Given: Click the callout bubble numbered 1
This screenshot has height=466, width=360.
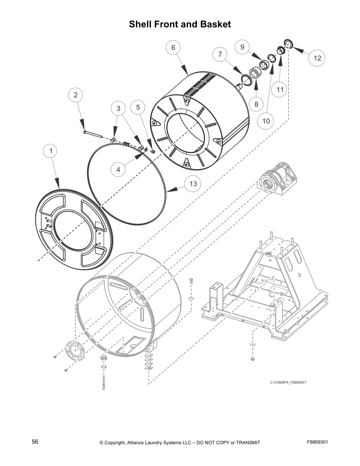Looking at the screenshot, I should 51,151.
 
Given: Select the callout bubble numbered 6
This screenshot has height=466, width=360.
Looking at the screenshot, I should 173,48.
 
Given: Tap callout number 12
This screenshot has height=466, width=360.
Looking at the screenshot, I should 317,58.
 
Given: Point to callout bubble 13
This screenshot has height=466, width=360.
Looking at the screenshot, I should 193,184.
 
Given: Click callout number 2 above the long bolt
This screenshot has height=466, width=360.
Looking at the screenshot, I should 76,95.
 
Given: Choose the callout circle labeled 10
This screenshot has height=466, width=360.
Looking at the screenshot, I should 266,121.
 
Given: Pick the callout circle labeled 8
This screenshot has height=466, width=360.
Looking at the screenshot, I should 256,104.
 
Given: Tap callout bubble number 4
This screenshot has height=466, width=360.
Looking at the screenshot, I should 118,170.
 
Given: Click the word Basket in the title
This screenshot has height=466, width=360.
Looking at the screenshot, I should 216,24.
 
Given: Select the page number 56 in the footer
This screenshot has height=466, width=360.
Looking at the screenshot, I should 35,442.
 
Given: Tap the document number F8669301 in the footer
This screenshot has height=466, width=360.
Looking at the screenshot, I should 317,442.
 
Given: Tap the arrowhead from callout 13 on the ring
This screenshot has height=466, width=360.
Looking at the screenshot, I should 171,190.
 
